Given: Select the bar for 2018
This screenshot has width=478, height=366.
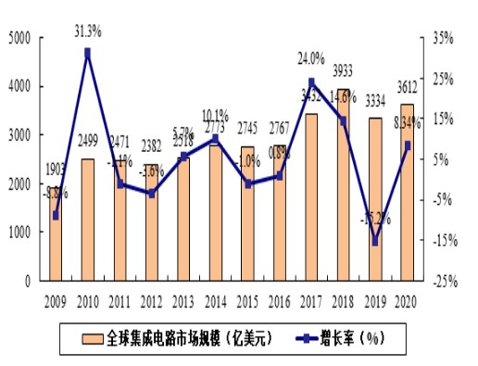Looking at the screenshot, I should point(343,184).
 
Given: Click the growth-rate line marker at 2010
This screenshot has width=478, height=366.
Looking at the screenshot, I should point(87,53).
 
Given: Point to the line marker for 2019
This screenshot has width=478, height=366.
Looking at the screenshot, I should point(375,242).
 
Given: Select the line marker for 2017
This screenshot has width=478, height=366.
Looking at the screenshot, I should point(311,82).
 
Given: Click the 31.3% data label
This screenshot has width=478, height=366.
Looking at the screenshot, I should point(88,31).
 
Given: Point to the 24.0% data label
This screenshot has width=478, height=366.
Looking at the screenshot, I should point(310,57).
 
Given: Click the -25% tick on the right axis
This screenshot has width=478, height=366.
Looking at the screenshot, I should point(441,281).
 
